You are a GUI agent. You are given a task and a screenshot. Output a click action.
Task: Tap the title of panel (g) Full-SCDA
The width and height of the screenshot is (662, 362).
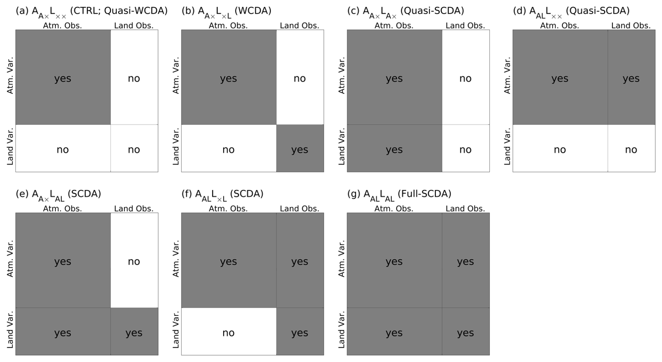[x=399, y=194]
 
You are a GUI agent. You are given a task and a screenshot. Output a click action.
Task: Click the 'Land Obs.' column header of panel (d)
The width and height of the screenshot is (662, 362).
[x=631, y=25]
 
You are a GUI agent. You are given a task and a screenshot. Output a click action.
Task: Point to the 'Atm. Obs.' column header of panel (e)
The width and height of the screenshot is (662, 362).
[x=62, y=209]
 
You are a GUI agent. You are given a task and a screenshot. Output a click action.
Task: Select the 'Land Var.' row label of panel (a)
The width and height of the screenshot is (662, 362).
[x=10, y=147]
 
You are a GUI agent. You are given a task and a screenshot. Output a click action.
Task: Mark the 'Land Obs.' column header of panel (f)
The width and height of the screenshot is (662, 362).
[x=299, y=209]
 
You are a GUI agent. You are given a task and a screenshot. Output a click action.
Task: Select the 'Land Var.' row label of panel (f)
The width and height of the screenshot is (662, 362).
[x=176, y=330]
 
